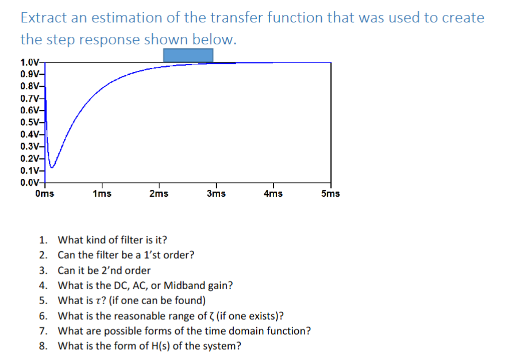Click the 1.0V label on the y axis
tap(29, 62)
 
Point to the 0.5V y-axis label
tap(29, 122)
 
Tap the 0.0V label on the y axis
tap(29, 183)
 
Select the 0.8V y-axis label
tap(29, 86)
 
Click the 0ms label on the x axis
tap(45, 193)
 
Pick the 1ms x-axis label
tap(102, 193)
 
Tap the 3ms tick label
tap(216, 193)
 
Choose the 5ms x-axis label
tap(330, 193)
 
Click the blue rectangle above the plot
tap(188, 55)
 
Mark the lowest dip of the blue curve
tap(52, 167)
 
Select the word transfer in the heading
tap(236, 18)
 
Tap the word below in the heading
tap(215, 40)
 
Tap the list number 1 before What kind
tap(43, 240)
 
